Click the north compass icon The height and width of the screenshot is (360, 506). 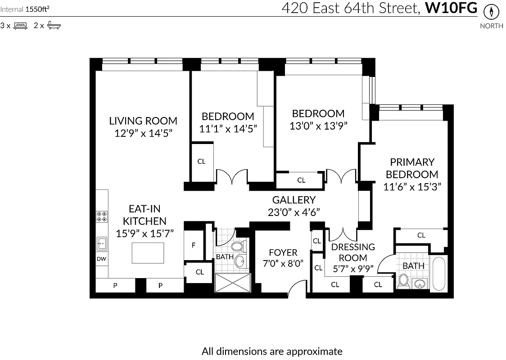point(491,12)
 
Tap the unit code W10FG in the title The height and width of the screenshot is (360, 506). point(451,9)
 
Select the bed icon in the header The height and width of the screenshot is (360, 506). point(20,26)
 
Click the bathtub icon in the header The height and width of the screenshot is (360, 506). point(54,26)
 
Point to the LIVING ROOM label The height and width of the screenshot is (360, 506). point(143,121)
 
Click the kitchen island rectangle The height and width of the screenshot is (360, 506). point(148,253)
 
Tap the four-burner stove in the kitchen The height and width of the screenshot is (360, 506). point(102,216)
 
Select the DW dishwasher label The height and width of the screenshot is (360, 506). point(102,259)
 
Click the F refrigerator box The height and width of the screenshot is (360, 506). point(194,246)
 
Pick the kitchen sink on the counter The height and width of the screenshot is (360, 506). point(102,243)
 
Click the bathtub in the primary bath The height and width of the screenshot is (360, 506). point(438,273)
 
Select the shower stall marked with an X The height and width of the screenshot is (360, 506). point(232,283)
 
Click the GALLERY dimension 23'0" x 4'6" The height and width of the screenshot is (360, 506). point(294,212)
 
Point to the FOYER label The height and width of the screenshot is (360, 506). point(283,252)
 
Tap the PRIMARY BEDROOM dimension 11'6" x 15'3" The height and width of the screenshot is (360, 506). point(412,186)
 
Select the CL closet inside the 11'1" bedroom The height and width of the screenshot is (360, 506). point(201,162)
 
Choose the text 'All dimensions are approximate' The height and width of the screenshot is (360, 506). point(272,351)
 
